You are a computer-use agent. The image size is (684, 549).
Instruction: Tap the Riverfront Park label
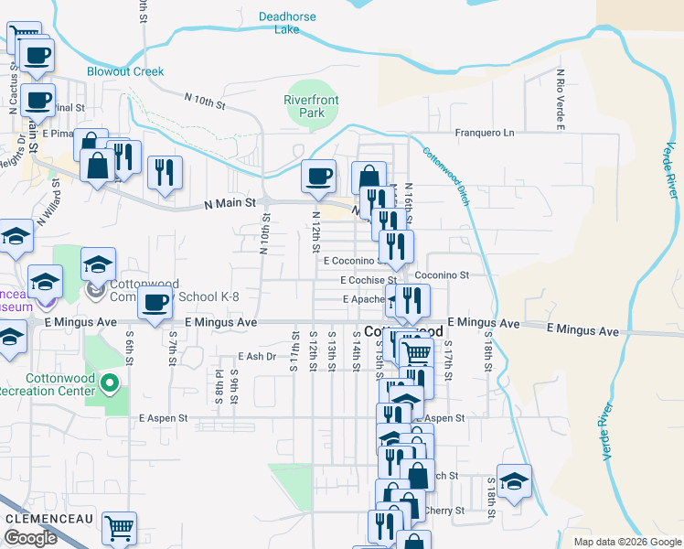click(x=305, y=106)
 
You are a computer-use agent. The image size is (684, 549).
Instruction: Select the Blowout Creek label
click(x=125, y=71)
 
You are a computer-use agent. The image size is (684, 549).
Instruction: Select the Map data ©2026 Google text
click(x=627, y=542)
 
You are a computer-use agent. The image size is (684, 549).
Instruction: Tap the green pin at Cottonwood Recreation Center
click(x=110, y=382)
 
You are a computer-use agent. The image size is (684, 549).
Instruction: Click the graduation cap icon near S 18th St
click(x=515, y=482)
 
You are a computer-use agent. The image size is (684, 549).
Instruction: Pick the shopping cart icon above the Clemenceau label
click(x=119, y=527)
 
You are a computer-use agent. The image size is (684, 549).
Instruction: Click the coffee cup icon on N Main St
click(x=318, y=176)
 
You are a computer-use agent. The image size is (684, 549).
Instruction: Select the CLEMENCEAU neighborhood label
click(x=46, y=517)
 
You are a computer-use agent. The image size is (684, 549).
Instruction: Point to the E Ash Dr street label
click(x=256, y=357)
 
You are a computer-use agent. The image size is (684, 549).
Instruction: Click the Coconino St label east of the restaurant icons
click(x=441, y=274)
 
